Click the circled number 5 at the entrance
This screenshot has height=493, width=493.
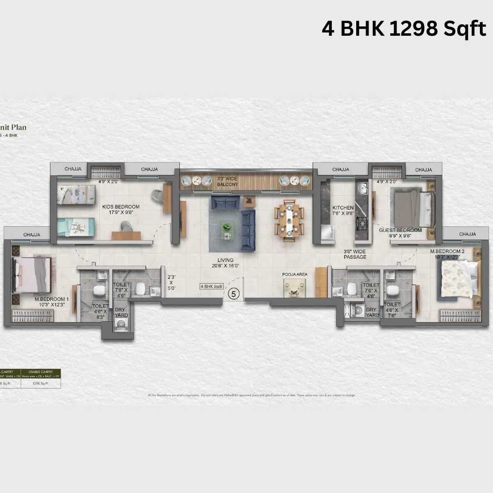(234, 294)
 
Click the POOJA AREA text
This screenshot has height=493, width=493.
(295, 274)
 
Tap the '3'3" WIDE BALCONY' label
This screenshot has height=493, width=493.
(227, 182)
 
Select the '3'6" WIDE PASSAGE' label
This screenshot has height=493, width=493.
(355, 254)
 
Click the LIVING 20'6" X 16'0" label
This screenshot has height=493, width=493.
(226, 263)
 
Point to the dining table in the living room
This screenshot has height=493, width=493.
(290, 221)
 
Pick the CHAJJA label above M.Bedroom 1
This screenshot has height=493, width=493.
(32, 235)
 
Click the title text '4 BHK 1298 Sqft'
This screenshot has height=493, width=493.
(404, 29)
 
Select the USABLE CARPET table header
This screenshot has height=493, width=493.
(41, 372)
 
